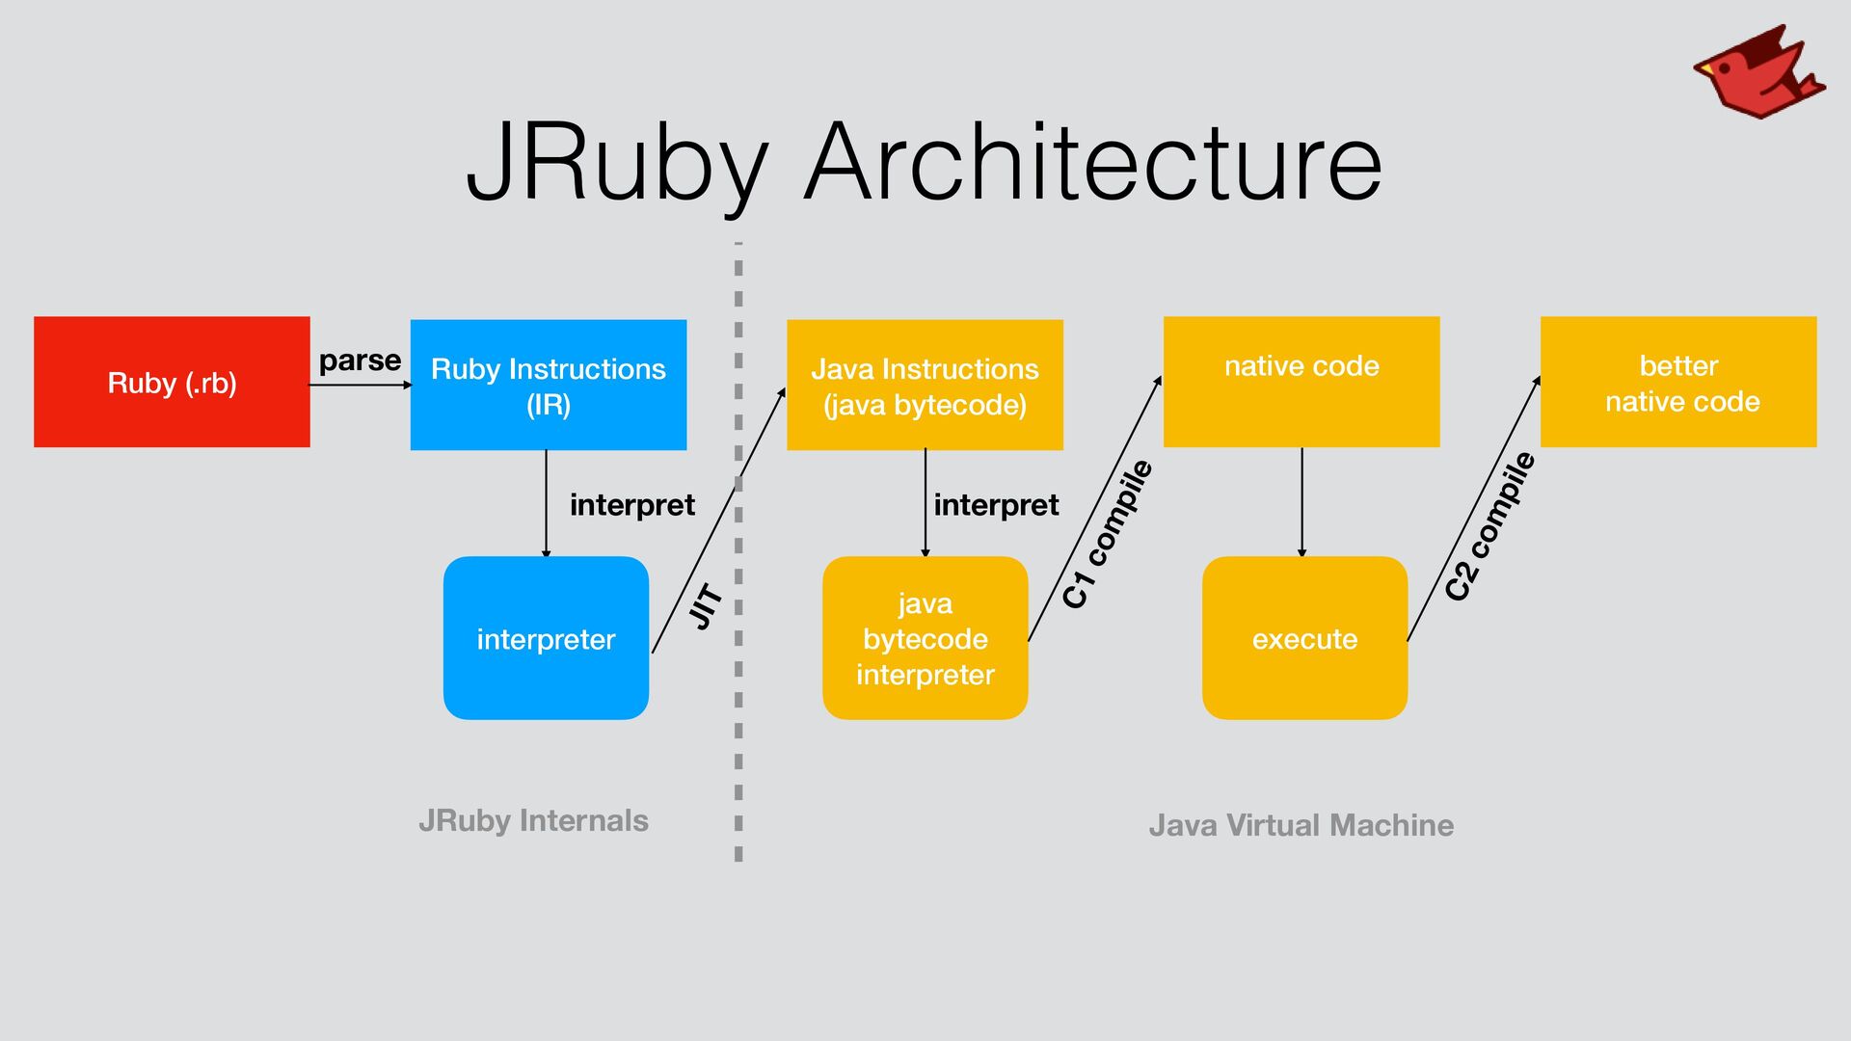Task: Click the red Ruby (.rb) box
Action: (x=172, y=382)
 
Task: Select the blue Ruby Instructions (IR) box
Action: (x=549, y=385)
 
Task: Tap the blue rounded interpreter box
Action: (x=546, y=638)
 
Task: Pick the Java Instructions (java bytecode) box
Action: (x=925, y=385)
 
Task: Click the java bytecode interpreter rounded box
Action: (x=925, y=638)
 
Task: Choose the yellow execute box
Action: (x=1304, y=638)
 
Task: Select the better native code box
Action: (x=1678, y=382)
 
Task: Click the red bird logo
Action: (x=1758, y=72)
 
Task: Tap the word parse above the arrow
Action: (x=360, y=361)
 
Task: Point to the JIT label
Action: (x=707, y=606)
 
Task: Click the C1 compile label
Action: (x=1107, y=534)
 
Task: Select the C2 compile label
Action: (x=1489, y=526)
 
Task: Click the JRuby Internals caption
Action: (x=533, y=821)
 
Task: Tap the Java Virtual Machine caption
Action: (x=1301, y=825)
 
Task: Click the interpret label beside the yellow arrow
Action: (x=996, y=505)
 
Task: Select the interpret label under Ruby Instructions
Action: (x=632, y=505)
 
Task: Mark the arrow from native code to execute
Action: (x=1301, y=502)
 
